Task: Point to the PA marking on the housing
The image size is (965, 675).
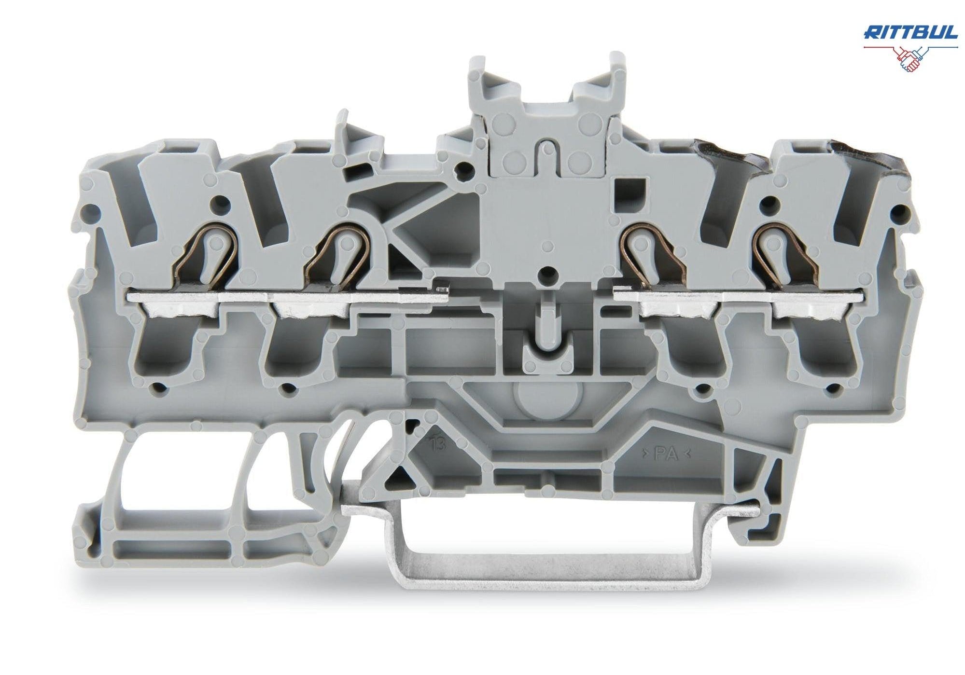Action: pos(666,454)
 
